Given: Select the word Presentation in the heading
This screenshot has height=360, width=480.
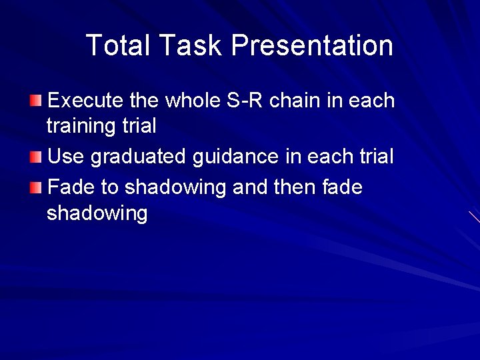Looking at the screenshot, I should [x=312, y=45].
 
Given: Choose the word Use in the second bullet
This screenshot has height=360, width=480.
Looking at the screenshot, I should [x=67, y=157].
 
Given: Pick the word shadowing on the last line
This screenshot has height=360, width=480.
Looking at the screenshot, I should [x=97, y=214].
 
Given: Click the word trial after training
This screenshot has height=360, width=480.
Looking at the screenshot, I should [x=139, y=125].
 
